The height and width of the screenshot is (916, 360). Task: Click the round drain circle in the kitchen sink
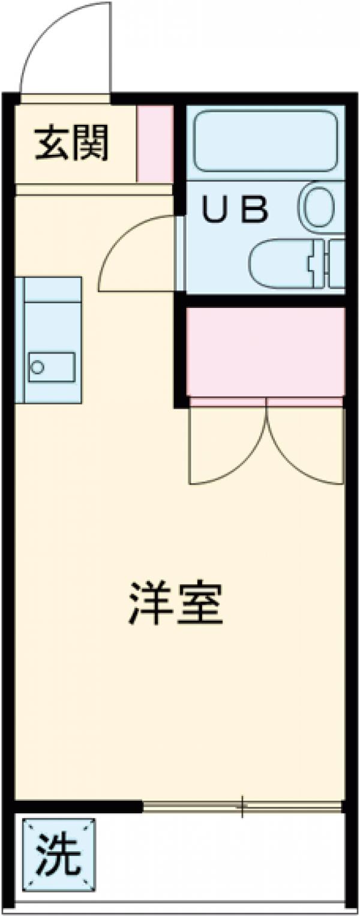[37, 367]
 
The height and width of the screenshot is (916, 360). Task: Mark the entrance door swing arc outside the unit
[66, 48]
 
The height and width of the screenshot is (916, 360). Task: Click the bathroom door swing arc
[135, 252]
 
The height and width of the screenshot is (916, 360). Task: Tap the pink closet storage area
[265, 351]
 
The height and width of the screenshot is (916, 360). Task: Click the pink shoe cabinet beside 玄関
[155, 144]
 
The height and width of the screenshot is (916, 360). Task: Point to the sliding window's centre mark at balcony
[242, 807]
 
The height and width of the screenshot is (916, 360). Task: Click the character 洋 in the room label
[148, 603]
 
